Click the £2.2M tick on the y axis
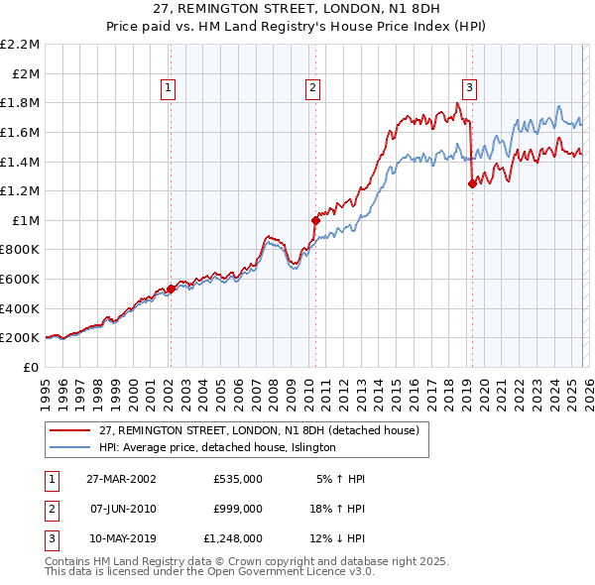20,45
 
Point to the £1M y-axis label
25,220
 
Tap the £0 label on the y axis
31,367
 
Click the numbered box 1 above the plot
169,88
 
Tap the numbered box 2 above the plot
312,88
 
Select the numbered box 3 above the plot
469,88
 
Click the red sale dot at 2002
170,289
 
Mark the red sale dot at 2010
314,220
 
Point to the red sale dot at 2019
471,183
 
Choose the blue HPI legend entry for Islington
217,447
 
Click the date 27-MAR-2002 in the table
121,479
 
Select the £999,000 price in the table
238,509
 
